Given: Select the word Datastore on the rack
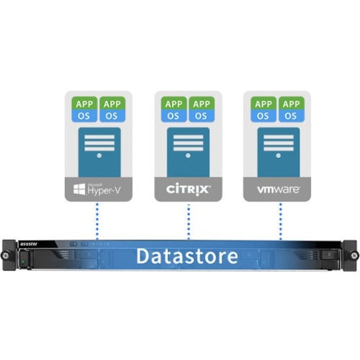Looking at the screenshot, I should click(x=187, y=256).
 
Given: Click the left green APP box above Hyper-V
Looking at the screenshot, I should click(x=84, y=103).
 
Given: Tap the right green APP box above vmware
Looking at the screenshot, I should click(x=291, y=103).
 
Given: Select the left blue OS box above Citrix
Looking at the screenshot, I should click(x=173, y=116).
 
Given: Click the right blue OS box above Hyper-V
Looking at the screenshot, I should click(x=113, y=116).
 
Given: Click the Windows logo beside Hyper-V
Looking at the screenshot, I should click(x=79, y=190).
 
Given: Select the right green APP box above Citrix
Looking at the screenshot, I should click(x=202, y=103).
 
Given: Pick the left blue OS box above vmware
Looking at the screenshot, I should click(x=263, y=116).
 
